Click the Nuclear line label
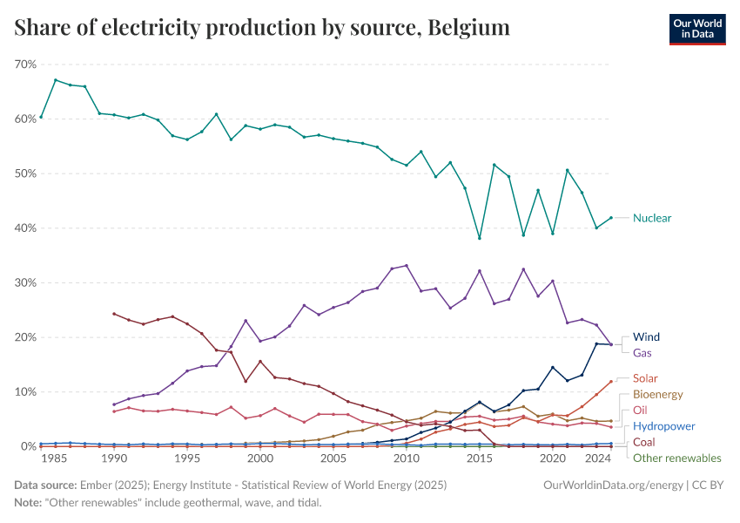[x=652, y=218]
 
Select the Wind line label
[x=647, y=336]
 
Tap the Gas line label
[x=642, y=353]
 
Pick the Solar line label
[x=646, y=378]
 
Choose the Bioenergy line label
[x=657, y=395]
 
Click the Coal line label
[x=644, y=442]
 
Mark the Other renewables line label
[x=676, y=458]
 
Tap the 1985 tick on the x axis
[x=55, y=458]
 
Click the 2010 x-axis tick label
[x=406, y=458]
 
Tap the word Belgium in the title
[x=468, y=28]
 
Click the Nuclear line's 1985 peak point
[x=56, y=80]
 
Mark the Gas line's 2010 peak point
[x=407, y=266]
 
